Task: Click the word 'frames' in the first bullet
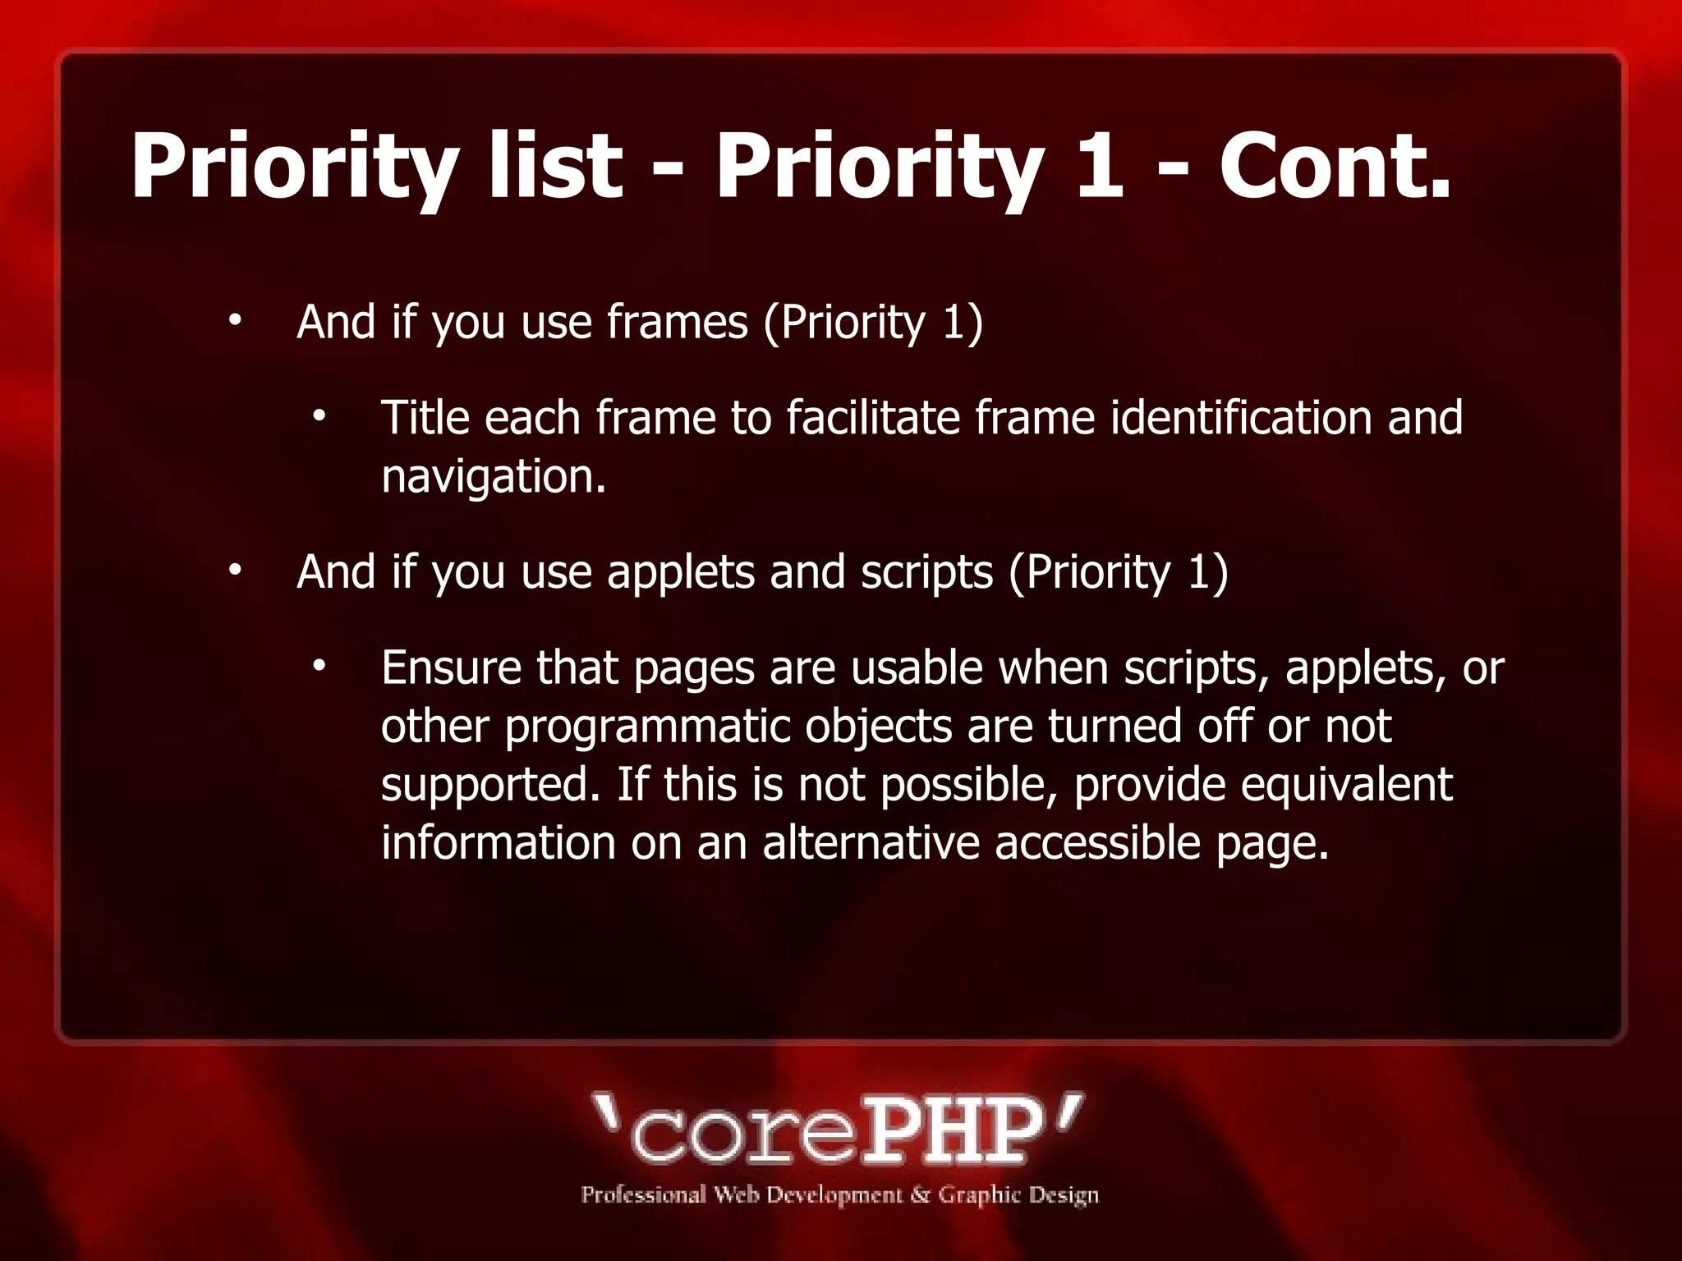(678, 322)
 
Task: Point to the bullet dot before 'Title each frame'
(319, 416)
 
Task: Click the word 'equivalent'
(1346, 785)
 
